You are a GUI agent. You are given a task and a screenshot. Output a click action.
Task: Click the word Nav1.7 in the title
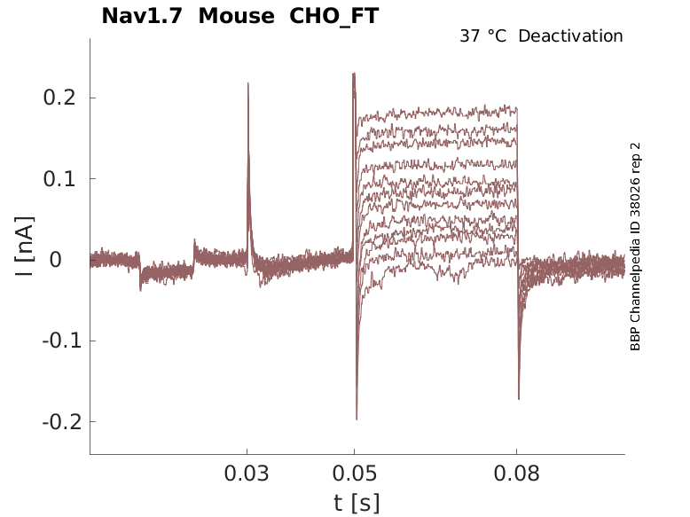click(x=143, y=16)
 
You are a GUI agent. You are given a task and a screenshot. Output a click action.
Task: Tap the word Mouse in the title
click(x=237, y=16)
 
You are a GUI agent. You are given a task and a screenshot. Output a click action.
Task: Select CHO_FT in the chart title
click(x=334, y=16)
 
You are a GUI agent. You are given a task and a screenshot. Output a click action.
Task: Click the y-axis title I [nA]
click(x=26, y=246)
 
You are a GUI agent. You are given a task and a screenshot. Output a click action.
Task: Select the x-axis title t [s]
click(x=357, y=503)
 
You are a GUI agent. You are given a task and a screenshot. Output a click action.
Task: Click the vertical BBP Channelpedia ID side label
click(x=635, y=247)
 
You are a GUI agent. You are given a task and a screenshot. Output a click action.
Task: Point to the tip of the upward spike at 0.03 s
click(x=248, y=83)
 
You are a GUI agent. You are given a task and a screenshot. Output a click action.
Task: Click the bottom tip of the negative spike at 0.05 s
click(x=357, y=419)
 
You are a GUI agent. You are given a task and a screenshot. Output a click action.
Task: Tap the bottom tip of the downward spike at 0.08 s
click(x=519, y=399)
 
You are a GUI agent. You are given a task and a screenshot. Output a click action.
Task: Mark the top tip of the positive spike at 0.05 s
click(x=354, y=74)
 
